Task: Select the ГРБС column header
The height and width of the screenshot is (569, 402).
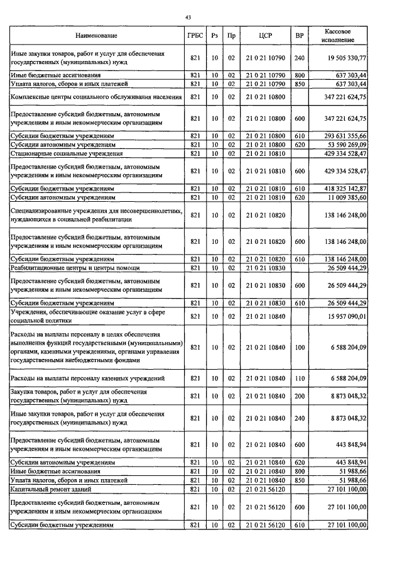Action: pyautogui.click(x=195, y=36)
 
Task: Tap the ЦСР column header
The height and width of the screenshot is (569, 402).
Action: pyautogui.click(x=264, y=36)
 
